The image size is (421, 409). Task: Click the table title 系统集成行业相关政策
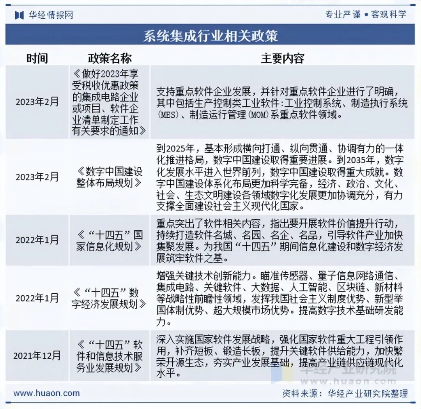tap(210, 36)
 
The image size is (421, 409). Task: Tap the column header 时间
tap(37, 58)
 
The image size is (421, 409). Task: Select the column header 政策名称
tap(110, 58)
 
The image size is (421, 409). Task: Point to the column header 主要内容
tap(282, 58)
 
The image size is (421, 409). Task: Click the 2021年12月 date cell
tap(37, 356)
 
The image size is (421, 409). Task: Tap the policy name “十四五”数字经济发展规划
tap(110, 298)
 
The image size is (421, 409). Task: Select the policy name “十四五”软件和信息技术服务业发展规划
tap(110, 356)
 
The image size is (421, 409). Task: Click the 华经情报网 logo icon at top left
tap(20, 15)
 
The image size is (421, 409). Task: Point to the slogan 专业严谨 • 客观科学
tap(366, 15)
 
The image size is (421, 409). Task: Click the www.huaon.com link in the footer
tap(46, 393)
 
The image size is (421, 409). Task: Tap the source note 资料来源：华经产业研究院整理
tap(345, 393)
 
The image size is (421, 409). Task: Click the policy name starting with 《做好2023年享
tap(110, 102)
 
